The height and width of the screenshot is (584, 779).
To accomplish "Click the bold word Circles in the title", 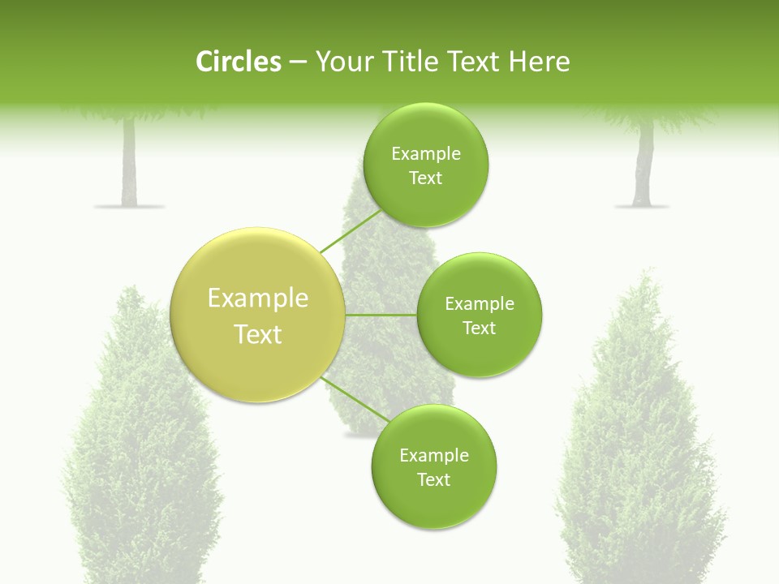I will click(x=238, y=62).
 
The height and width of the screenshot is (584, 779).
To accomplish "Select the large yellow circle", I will click(x=258, y=315).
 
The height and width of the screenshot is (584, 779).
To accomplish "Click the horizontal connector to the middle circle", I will click(x=381, y=315).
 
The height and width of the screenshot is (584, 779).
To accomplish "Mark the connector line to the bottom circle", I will click(x=355, y=398).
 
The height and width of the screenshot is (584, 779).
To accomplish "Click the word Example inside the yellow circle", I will click(x=258, y=298).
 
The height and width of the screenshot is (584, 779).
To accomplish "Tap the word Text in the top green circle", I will click(x=425, y=178).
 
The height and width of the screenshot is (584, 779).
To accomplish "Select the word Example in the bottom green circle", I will click(x=433, y=456).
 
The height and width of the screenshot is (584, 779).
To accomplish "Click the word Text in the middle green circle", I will click(x=479, y=328).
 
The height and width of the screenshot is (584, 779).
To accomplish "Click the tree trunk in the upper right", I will click(x=644, y=166).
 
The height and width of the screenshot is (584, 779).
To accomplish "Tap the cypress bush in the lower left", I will click(x=142, y=454).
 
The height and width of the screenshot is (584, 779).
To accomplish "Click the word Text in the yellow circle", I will click(x=258, y=334).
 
